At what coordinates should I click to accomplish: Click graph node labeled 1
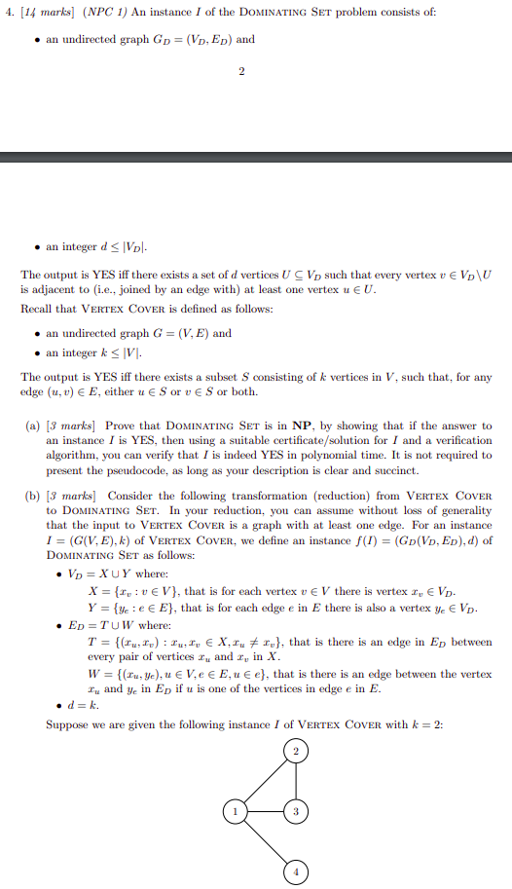(x=233, y=810)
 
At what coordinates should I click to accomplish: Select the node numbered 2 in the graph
(x=297, y=750)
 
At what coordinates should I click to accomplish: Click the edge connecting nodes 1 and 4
(x=265, y=840)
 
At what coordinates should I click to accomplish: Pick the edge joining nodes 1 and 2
(x=265, y=780)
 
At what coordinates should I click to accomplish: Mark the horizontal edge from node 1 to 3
(x=265, y=810)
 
